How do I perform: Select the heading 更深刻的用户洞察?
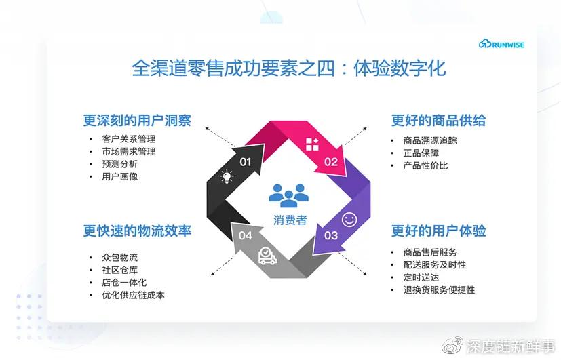(x=137, y=121)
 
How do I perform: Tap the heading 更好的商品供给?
(x=438, y=121)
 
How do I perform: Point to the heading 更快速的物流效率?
(x=137, y=231)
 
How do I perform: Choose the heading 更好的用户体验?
(x=438, y=231)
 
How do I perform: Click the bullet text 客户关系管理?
(x=129, y=139)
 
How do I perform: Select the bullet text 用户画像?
(x=120, y=177)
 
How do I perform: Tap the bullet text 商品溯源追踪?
(x=430, y=140)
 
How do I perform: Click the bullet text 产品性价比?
(x=425, y=165)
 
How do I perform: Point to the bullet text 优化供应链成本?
(x=133, y=295)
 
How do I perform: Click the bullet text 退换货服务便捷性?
(x=439, y=290)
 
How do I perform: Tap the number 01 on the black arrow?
(x=246, y=161)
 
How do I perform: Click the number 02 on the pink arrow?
(x=330, y=161)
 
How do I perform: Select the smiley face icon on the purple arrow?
(x=349, y=219)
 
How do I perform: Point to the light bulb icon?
(x=226, y=178)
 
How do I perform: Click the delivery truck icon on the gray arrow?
(x=267, y=256)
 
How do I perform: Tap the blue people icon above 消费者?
(x=288, y=195)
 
